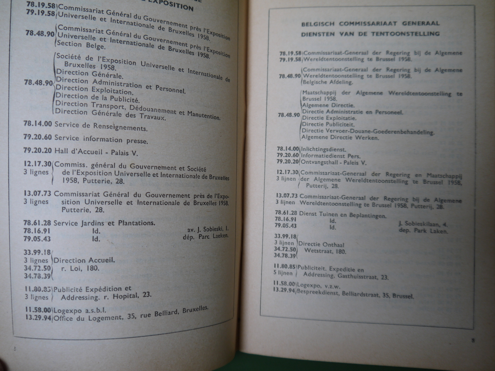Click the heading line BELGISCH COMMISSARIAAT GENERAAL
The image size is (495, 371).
(370, 24)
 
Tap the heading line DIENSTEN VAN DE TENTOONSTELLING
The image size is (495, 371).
(370, 34)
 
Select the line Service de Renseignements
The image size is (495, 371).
(101, 126)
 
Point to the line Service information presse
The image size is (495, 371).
(101, 139)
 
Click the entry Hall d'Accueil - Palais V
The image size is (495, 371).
(96, 152)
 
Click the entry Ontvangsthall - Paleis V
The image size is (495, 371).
(333, 162)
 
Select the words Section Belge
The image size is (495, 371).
(80, 45)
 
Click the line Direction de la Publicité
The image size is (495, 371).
(97, 97)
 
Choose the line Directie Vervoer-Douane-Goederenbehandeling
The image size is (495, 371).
(368, 131)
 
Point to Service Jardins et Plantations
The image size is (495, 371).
(104, 223)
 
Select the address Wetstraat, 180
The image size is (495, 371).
(325, 251)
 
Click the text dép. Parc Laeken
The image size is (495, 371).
(205, 236)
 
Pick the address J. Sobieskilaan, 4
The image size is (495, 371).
(423, 224)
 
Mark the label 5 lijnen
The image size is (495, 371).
(284, 273)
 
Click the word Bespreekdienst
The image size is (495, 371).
(318, 292)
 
